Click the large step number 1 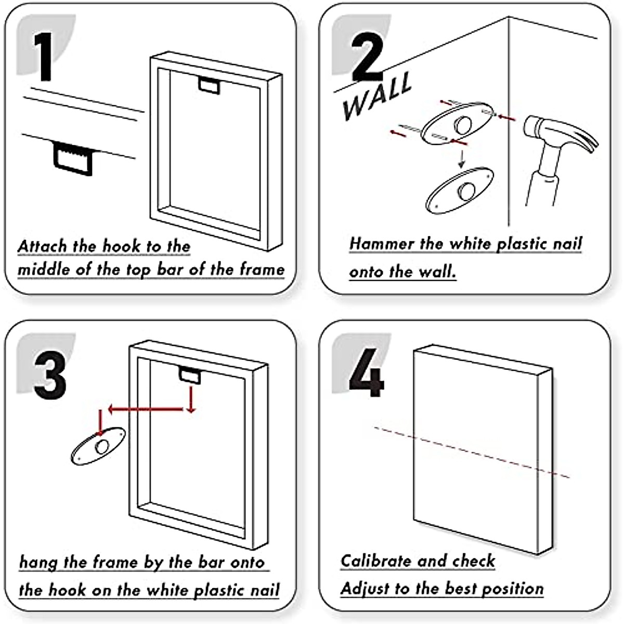[43, 57]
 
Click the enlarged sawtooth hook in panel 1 [73, 159]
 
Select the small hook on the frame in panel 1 [210, 85]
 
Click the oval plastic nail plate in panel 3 [99, 446]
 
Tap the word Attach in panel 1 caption [42, 246]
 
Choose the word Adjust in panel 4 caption [365, 589]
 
